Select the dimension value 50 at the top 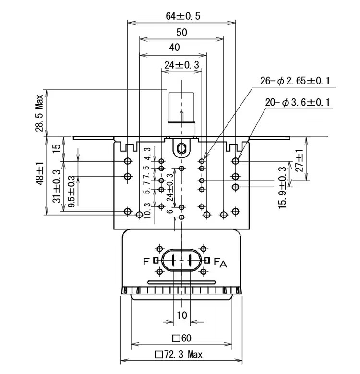[181, 33]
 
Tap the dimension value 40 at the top [175, 47]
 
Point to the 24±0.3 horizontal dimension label [182, 65]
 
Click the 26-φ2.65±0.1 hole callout [295, 81]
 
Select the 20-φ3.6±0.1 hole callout [298, 102]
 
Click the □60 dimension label [181, 338]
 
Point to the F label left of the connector [146, 261]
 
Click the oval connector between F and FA [181, 261]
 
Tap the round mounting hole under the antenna [181, 147]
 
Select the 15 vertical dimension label [56, 147]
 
